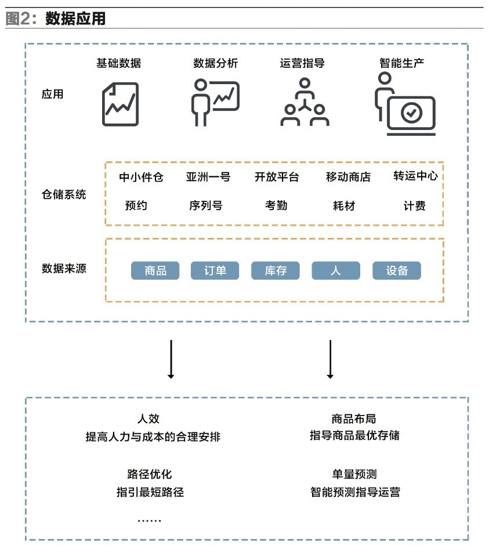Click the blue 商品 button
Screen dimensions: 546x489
pyautogui.click(x=155, y=271)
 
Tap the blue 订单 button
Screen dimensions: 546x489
pyautogui.click(x=215, y=271)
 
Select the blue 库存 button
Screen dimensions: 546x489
pyautogui.click(x=276, y=271)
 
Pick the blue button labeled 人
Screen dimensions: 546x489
pyautogui.click(x=336, y=271)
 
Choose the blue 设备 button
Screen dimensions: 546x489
pyautogui.click(x=397, y=271)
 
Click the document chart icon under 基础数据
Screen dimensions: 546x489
pyautogui.click(x=121, y=104)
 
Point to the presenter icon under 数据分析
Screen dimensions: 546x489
pyautogui.click(x=214, y=102)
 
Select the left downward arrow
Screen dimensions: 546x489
pyautogui.click(x=171, y=359)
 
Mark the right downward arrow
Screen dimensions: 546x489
pyautogui.click(x=330, y=359)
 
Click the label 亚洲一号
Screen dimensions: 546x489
pyautogui.click(x=208, y=177)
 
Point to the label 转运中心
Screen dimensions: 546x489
pyautogui.click(x=415, y=176)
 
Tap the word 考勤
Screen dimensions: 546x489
pyautogui.click(x=276, y=205)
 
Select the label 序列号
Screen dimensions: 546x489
pyautogui.click(x=205, y=205)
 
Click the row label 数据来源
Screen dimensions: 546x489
pyautogui.click(x=64, y=269)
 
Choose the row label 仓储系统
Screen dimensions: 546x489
pyautogui.click(x=64, y=194)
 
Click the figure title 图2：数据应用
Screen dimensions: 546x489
pyautogui.click(x=56, y=19)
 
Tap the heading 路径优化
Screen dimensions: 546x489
pyautogui.click(x=150, y=475)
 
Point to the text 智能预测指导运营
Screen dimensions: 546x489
pyautogui.click(x=355, y=493)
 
